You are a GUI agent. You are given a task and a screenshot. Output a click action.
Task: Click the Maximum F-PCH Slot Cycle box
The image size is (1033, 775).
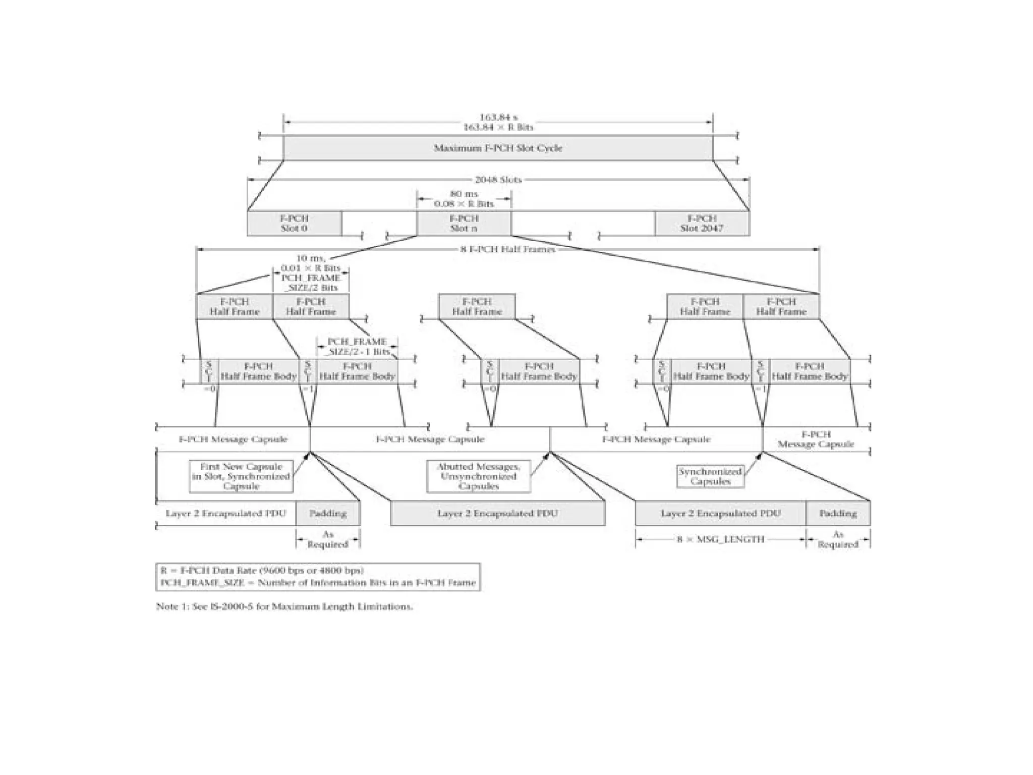[498, 148]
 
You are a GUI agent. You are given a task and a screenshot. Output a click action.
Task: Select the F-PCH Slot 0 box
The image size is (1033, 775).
[294, 224]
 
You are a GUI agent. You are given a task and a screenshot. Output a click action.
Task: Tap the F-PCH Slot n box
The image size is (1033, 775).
[464, 224]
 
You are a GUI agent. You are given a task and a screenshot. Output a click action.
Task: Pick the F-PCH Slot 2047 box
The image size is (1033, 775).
[702, 224]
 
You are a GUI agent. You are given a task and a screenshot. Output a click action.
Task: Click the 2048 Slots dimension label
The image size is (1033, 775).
[498, 180]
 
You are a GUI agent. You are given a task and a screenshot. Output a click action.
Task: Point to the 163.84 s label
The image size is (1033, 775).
[498, 118]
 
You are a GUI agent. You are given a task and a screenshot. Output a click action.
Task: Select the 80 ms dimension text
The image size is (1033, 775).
[464, 194]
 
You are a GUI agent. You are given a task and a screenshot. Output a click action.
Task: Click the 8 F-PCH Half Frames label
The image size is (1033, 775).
[507, 249]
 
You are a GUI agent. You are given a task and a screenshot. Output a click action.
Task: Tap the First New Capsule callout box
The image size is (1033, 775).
[241, 476]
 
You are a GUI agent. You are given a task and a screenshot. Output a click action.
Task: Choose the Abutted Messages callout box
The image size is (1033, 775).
[478, 476]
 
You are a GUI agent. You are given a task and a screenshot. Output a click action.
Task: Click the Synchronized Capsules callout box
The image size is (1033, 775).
[710, 476]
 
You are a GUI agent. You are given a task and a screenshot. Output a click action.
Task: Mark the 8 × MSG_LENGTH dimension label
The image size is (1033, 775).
[720, 539]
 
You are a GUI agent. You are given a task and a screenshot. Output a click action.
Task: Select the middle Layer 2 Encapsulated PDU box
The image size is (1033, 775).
[497, 514]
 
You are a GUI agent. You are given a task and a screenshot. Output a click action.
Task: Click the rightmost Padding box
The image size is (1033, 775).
[838, 514]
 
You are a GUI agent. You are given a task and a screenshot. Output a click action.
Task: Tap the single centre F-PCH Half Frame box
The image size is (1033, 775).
[477, 307]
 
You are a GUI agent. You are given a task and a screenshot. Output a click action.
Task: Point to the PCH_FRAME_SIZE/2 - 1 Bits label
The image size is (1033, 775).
[357, 347]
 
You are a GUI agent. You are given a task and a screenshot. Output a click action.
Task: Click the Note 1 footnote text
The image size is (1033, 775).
[284, 606]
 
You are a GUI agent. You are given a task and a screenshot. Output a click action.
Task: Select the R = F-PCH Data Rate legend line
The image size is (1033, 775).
[262, 571]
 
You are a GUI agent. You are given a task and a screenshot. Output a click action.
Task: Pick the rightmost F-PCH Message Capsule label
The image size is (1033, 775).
[816, 439]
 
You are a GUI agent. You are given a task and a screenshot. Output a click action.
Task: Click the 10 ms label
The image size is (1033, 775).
[310, 258]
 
